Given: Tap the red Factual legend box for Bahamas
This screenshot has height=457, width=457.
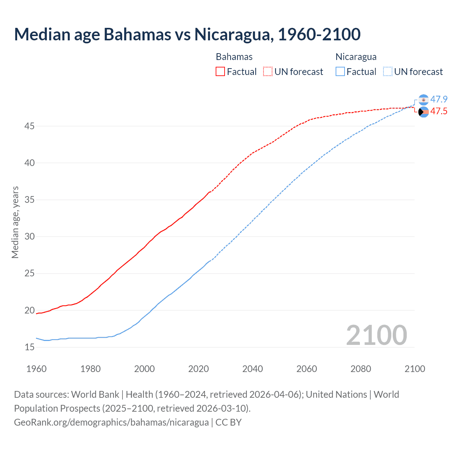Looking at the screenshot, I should coord(220,72).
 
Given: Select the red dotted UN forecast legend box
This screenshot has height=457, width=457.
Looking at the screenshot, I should coord(267,72).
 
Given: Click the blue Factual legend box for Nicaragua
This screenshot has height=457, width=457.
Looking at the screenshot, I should coord(340,72).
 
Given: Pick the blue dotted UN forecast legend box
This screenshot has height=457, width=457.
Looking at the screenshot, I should coord(387,72).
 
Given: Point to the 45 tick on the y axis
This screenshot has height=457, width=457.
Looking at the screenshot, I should coord(30,126).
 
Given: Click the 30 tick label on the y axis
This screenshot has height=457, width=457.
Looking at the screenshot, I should coord(30,237).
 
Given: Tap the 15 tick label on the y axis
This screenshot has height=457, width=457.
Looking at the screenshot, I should coord(30,347).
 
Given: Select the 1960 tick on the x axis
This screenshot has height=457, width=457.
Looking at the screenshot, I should coord(36,369).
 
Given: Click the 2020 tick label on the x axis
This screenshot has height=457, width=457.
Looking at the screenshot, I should coord(199,369).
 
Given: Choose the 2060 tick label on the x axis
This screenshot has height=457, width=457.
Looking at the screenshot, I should coord(307,369).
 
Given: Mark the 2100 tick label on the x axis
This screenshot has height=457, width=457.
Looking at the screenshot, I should coord(415,369).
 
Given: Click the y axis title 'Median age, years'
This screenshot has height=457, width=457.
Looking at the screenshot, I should coord(15,222).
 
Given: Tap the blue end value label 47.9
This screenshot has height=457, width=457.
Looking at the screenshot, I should coord(439,99).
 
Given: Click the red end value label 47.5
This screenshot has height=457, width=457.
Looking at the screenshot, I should coord(439,111).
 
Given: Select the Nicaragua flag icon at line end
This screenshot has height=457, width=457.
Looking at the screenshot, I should coord(423,100).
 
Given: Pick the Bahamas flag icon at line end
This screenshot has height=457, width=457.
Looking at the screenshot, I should coord(423,112).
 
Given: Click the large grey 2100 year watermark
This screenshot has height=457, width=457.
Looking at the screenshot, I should coord(376,335).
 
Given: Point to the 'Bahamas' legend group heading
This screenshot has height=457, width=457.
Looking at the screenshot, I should coord(234,57).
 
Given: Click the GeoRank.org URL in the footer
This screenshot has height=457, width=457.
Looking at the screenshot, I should coord(111,422).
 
